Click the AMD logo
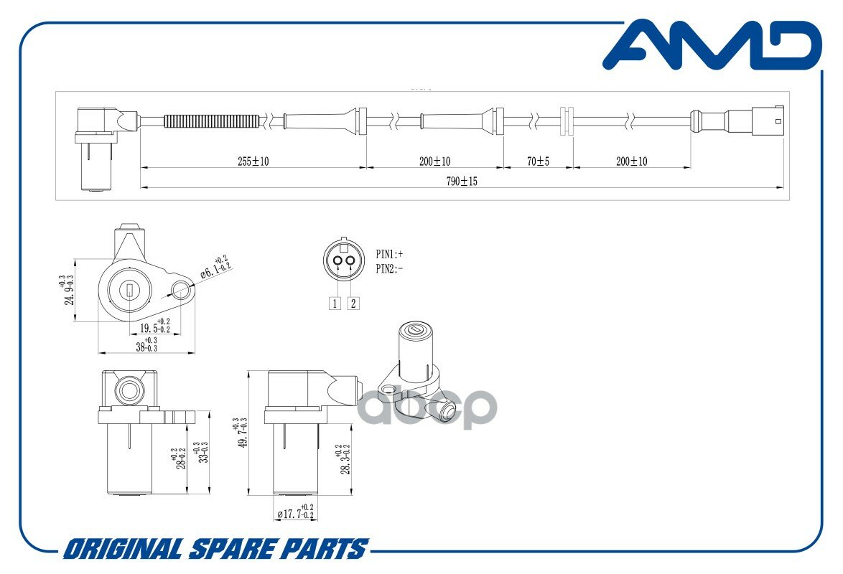711,46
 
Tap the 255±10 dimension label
253,161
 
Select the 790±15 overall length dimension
461,182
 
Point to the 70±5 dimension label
538,161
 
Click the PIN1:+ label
390,254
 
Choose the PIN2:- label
390,269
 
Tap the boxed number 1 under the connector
334,303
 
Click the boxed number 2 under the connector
353,303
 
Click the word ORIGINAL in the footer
123,550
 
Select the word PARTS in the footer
326,550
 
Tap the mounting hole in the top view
182,291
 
